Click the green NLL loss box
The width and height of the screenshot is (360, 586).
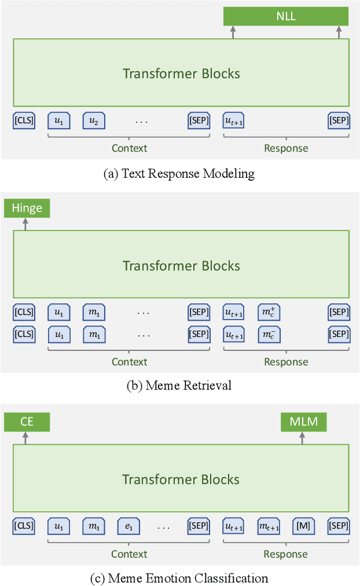[x=286, y=16]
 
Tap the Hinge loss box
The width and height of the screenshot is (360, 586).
[x=27, y=208]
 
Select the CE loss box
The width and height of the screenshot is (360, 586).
[x=27, y=422]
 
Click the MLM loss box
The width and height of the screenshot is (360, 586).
[x=304, y=422]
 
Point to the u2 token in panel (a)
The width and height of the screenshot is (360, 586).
[x=94, y=120]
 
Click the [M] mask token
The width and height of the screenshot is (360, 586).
[x=304, y=526]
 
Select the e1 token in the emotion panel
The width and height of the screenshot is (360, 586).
[x=128, y=526]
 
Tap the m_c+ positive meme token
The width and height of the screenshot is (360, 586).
[x=269, y=313]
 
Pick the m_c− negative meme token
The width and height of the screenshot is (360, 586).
[x=269, y=334]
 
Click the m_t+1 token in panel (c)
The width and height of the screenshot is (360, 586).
[x=269, y=526]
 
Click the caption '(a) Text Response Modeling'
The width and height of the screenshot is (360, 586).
[x=179, y=173]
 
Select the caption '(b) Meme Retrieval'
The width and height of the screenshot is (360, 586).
[x=179, y=386]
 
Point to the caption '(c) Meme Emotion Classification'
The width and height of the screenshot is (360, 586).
[x=179, y=578]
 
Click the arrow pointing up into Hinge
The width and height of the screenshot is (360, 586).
[x=25, y=224]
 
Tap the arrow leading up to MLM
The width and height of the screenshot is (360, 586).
[x=302, y=438]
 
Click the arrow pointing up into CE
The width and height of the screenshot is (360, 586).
[x=25, y=438]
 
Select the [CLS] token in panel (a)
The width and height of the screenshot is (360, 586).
[x=24, y=120]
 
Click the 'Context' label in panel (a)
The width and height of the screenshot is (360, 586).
[x=129, y=148]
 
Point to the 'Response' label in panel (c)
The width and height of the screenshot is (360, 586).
[x=286, y=554]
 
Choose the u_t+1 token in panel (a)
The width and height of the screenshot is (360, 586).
[x=234, y=120]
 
